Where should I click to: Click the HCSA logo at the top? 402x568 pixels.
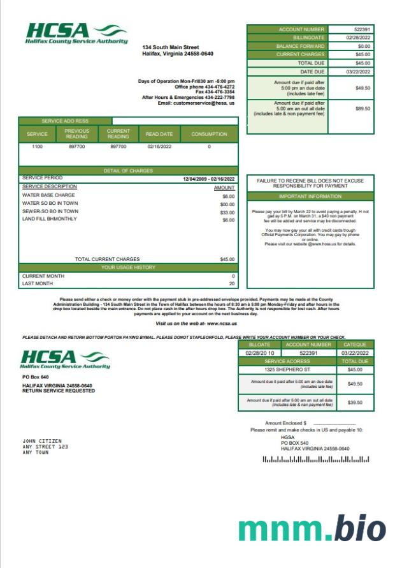(x=76, y=33)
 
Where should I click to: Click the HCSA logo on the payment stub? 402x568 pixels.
(x=66, y=359)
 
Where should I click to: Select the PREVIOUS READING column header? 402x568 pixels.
(x=77, y=134)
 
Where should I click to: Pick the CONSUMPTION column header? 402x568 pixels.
(x=209, y=134)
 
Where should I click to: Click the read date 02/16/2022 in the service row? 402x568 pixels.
(x=160, y=147)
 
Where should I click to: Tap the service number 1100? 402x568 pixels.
(x=37, y=147)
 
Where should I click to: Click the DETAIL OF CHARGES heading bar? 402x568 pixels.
(x=129, y=170)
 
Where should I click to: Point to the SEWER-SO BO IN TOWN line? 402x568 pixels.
(x=50, y=212)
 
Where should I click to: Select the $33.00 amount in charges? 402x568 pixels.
(x=227, y=213)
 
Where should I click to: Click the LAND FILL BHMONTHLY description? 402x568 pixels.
(x=49, y=220)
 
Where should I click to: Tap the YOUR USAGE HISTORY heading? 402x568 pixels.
(x=129, y=267)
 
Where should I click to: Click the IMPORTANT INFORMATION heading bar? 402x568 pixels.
(x=310, y=197)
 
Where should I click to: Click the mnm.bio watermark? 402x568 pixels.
(x=312, y=530)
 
